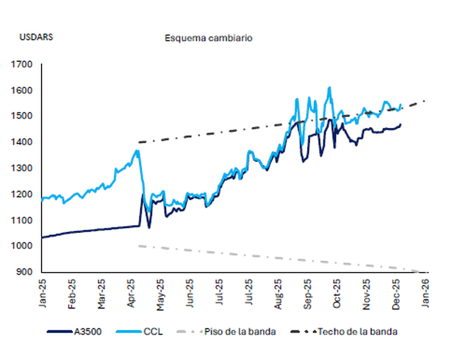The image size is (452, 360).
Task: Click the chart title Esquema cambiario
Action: tap(208, 38)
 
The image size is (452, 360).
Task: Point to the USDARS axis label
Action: tap(36, 37)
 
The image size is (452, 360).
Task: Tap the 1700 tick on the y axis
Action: tap(22, 64)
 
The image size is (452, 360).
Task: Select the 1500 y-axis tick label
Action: tap(22, 116)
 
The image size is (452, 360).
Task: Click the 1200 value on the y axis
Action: tap(22, 195)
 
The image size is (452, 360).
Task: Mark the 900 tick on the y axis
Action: tap(24, 272)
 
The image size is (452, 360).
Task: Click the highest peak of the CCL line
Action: tap(329, 87)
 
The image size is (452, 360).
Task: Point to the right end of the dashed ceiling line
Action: tap(426, 100)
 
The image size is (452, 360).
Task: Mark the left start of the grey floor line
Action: tap(139, 246)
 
